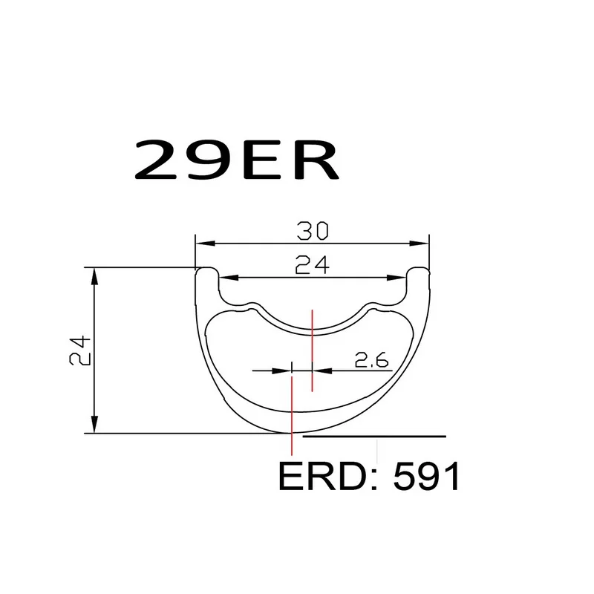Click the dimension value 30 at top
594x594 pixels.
(x=313, y=232)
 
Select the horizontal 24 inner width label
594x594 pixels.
(x=313, y=266)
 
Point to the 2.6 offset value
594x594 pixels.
(x=372, y=361)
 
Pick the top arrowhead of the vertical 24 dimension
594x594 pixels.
(x=94, y=274)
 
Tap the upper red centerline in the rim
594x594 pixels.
(x=313, y=349)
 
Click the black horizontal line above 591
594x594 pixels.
(x=375, y=437)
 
